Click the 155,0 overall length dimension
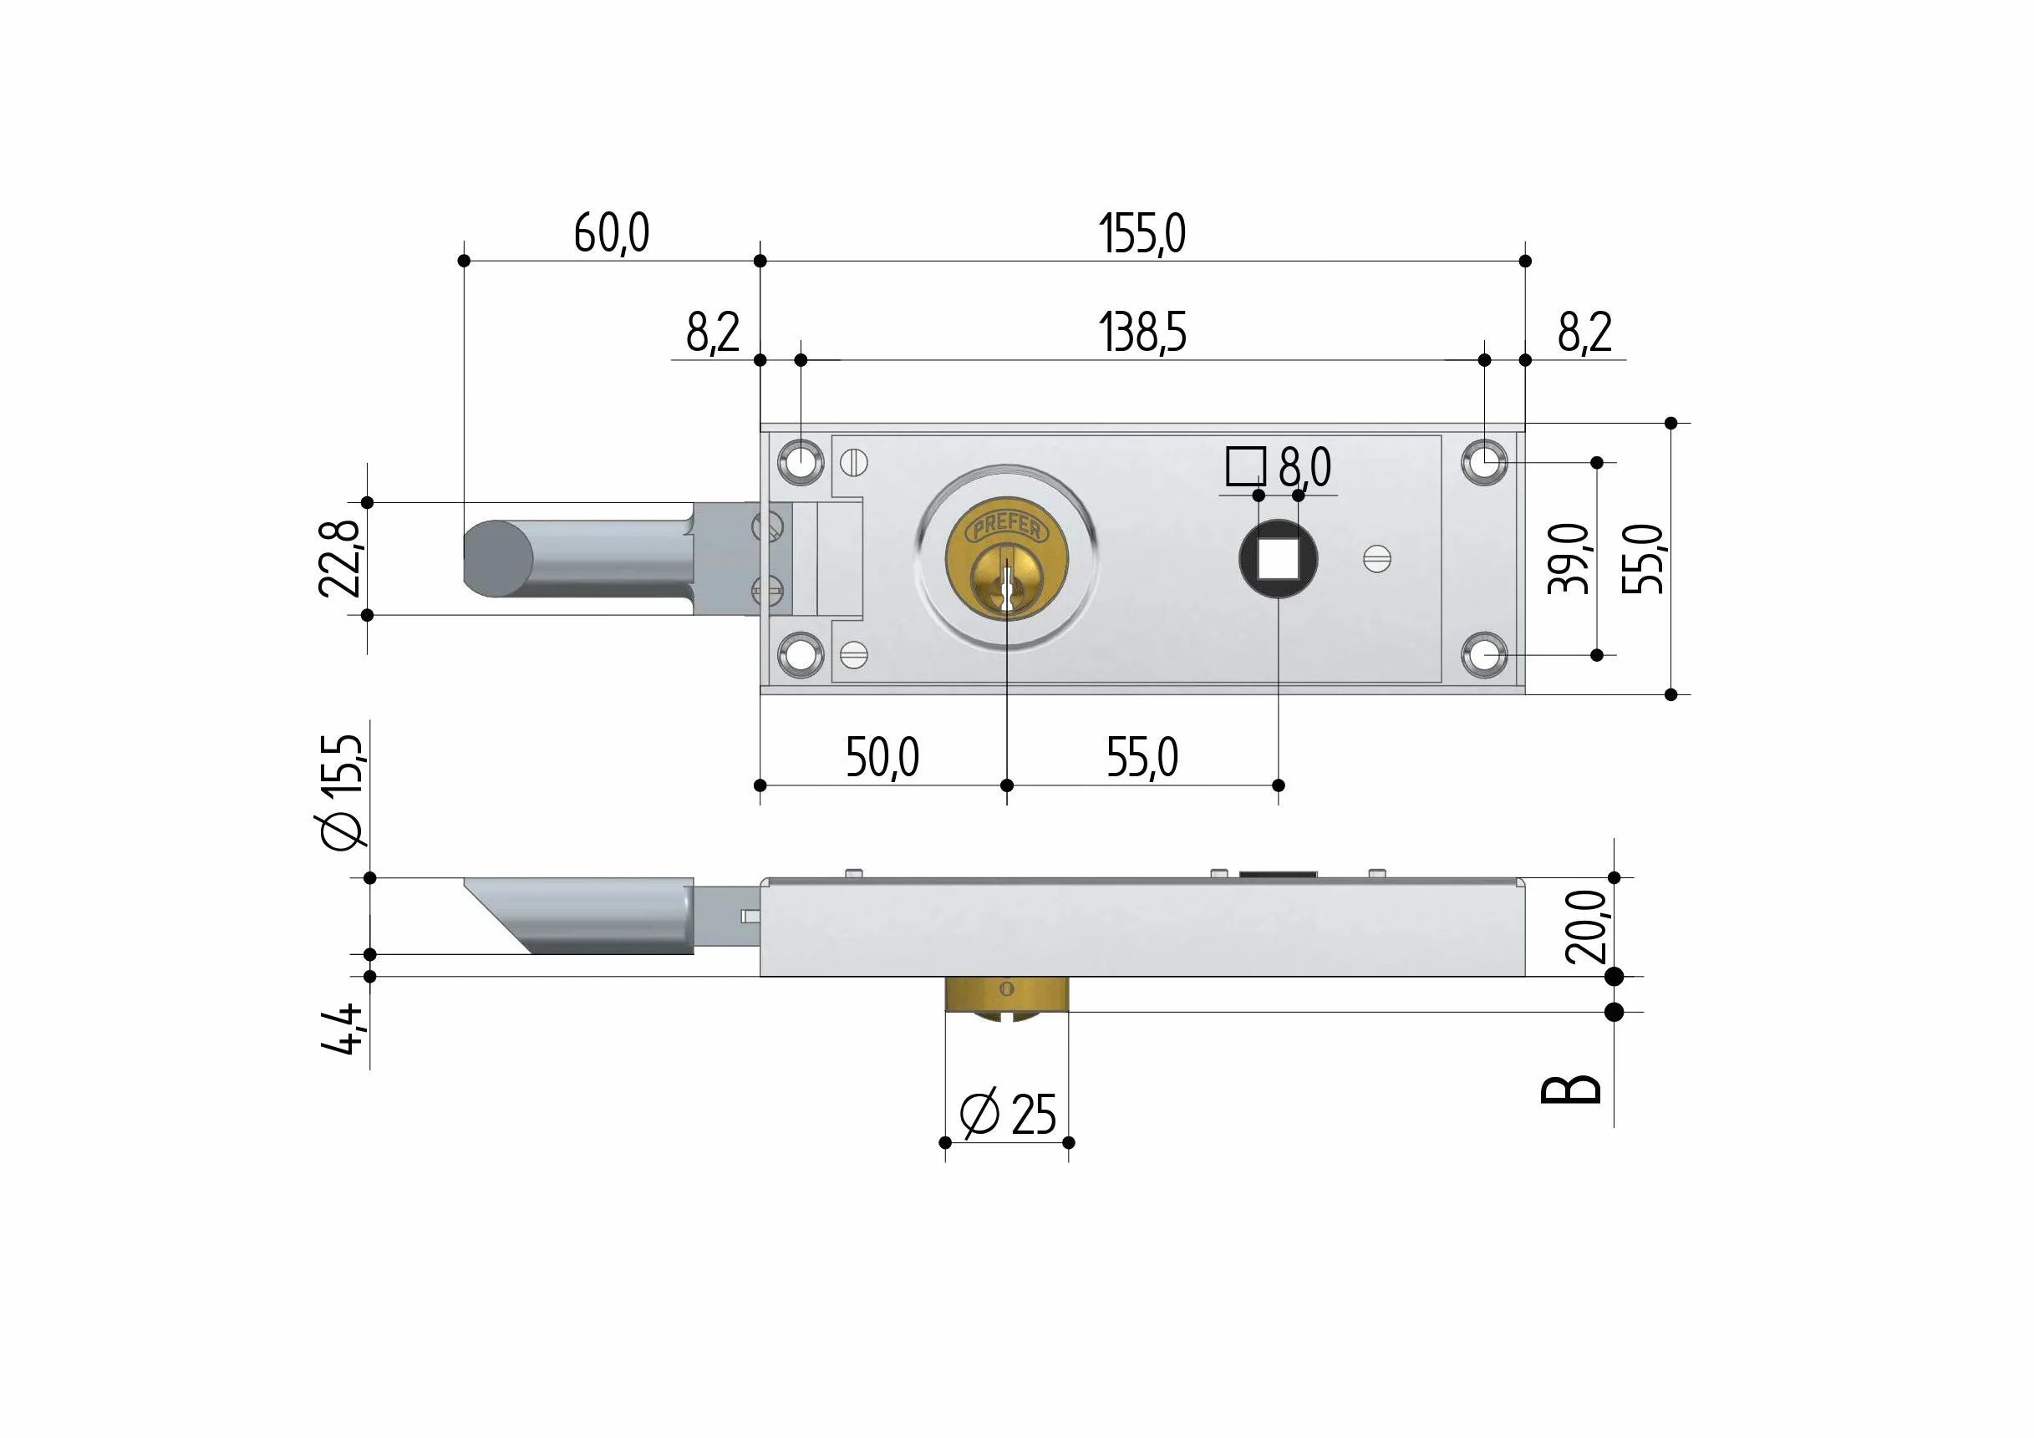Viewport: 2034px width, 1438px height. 1142,234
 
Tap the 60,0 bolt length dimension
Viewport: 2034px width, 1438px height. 611,234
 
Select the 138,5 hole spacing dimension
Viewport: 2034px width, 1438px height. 1142,333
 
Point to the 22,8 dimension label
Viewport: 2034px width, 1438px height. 340,558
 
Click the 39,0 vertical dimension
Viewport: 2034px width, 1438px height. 1568,558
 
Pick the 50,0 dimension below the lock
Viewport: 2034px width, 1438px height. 882,758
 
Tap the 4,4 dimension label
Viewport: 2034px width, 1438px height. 342,1029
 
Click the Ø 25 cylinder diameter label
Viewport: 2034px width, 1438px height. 1008,1114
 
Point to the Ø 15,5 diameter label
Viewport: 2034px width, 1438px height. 342,792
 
